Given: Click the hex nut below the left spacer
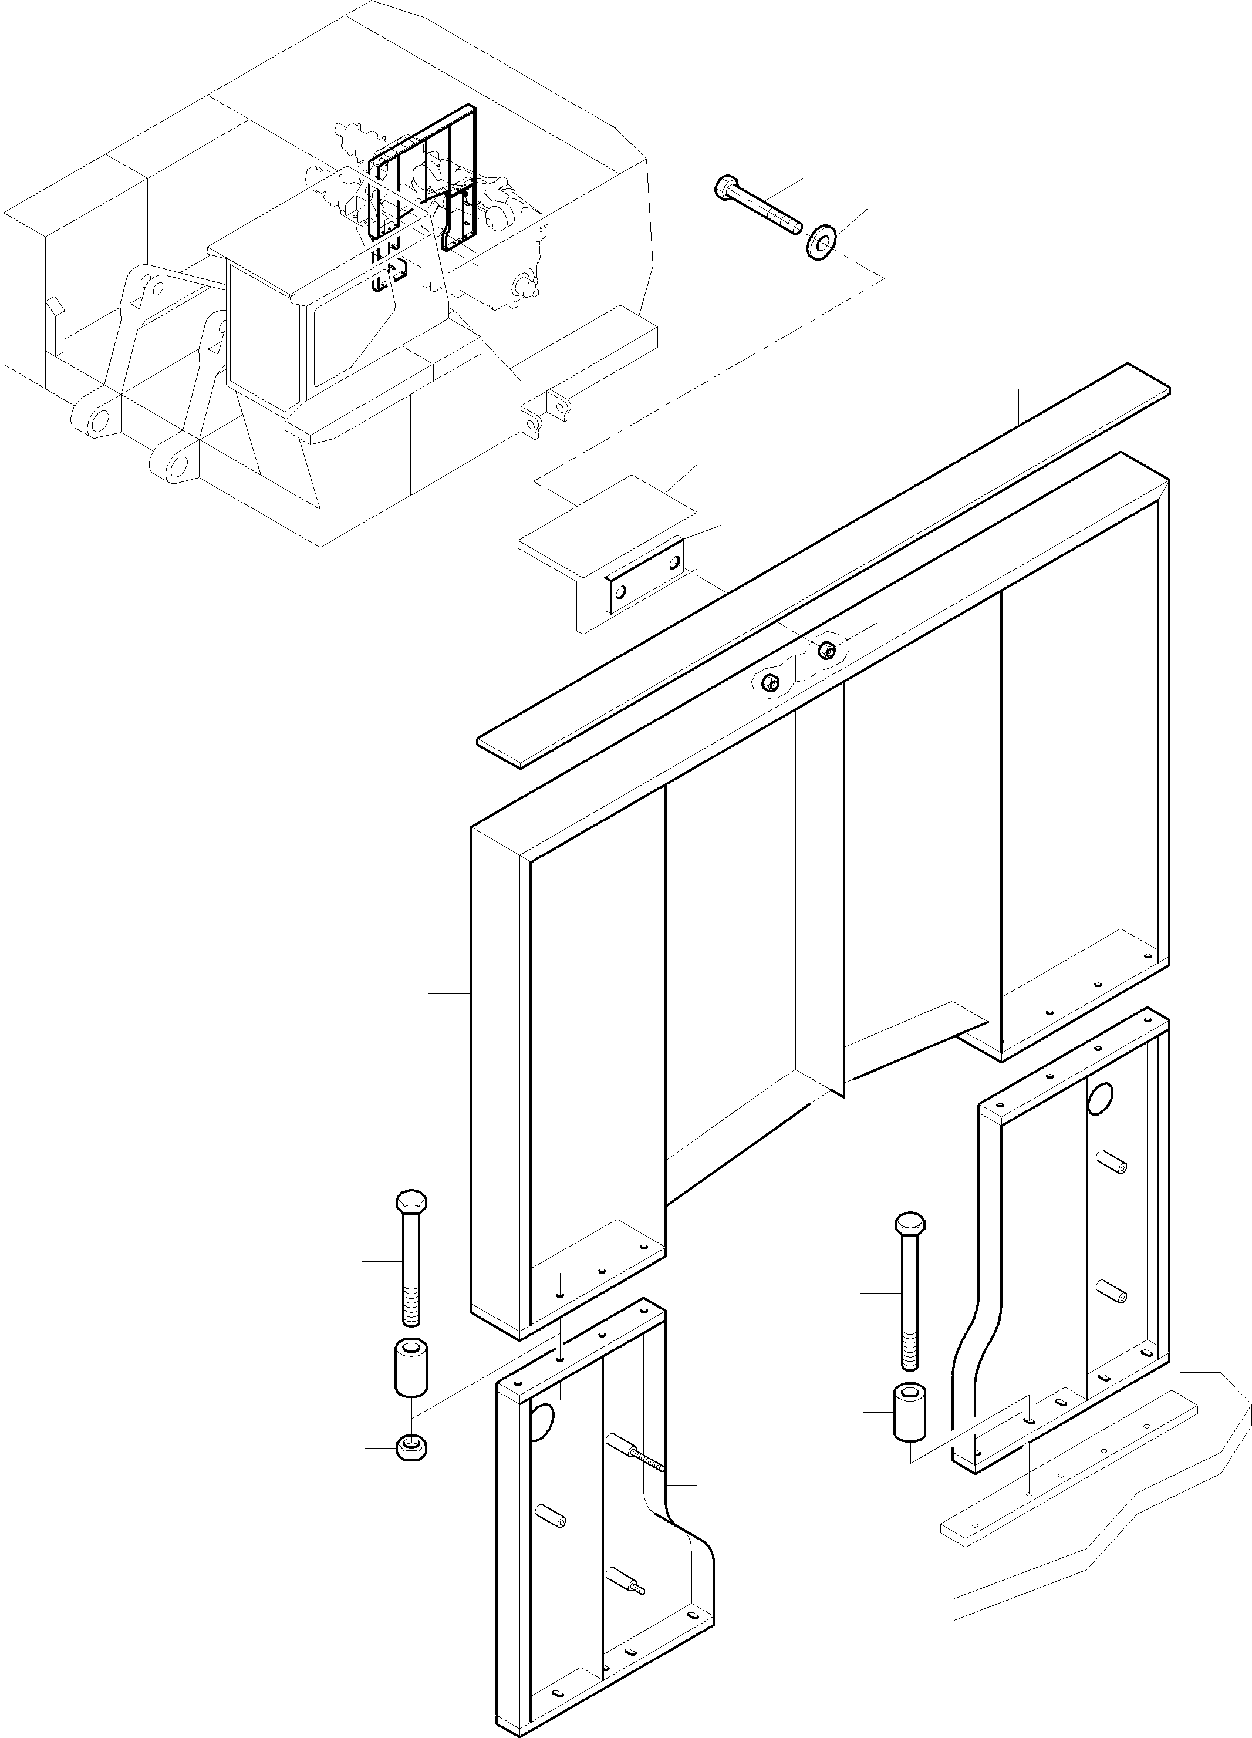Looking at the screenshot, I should tap(411, 1447).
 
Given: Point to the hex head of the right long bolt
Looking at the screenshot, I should tap(909, 1244).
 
